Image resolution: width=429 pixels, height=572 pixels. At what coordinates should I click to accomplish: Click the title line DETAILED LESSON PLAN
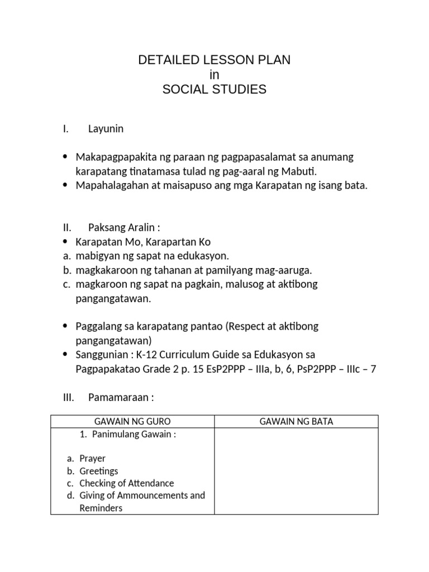(x=214, y=60)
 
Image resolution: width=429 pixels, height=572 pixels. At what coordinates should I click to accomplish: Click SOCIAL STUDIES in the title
(x=214, y=89)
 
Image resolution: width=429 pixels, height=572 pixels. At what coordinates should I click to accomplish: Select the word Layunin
(x=106, y=129)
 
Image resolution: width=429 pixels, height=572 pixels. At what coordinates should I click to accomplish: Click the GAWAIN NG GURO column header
(x=132, y=422)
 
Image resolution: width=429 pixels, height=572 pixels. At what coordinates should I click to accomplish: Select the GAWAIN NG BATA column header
(x=296, y=422)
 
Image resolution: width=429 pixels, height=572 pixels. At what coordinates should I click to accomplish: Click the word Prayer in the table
(x=92, y=459)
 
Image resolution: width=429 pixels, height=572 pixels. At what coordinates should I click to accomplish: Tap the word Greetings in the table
(x=98, y=471)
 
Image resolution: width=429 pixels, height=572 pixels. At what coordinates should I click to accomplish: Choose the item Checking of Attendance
(x=126, y=483)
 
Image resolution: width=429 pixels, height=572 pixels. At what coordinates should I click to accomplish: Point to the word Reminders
(x=101, y=508)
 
